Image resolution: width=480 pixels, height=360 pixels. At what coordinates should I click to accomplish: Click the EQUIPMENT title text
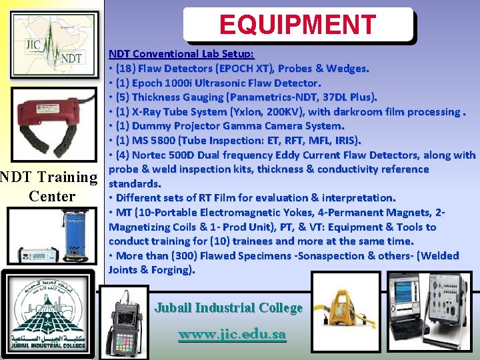297,25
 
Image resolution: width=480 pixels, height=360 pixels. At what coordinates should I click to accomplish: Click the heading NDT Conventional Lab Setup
181,53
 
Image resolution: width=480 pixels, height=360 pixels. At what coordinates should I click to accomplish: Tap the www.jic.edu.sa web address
232,334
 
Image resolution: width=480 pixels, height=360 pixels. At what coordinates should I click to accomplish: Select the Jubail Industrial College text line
229,308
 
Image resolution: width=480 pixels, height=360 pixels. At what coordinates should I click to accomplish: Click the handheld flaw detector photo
125,319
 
